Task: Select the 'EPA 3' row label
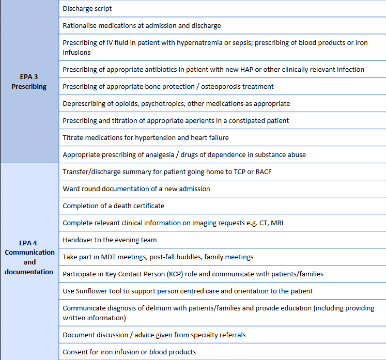point(29,76)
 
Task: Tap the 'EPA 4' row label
point(29,242)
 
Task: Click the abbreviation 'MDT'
point(107,257)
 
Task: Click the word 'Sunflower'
point(91,291)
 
